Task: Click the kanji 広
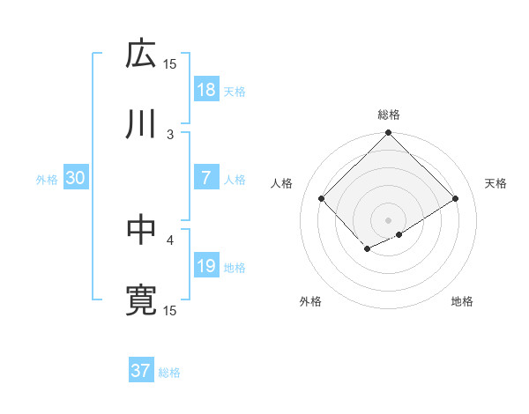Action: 141,55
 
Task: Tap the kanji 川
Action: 141,123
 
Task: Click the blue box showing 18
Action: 206,89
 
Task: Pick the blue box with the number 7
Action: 206,178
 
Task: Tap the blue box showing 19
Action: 206,266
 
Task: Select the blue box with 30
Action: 76,178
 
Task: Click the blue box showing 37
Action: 141,371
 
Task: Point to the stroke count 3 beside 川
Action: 171,134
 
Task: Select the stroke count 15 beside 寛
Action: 170,310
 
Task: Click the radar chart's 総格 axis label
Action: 388,115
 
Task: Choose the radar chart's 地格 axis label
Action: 462,302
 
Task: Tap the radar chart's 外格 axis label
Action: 310,302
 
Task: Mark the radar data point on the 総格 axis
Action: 388,134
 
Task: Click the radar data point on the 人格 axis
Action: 322,198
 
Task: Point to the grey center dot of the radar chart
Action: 388,219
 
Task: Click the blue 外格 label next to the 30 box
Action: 47,179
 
